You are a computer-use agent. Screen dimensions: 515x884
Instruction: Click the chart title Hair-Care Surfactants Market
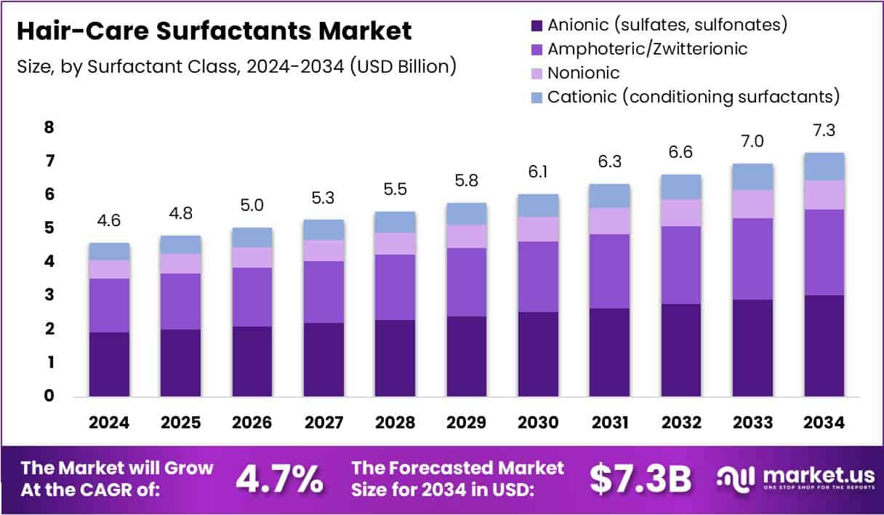(214, 31)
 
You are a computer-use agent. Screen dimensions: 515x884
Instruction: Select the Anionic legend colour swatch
(537, 25)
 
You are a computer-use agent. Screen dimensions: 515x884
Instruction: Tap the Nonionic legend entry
(583, 73)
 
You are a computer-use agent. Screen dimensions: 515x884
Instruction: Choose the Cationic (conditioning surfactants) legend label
(694, 97)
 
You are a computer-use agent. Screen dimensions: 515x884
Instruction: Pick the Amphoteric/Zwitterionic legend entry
(647, 49)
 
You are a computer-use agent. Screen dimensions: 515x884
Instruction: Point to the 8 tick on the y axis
(49, 128)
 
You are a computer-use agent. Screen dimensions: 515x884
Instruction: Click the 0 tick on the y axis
(49, 396)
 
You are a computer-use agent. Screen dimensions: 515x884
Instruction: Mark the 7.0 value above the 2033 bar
(752, 142)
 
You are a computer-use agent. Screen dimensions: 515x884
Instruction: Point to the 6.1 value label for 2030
(538, 175)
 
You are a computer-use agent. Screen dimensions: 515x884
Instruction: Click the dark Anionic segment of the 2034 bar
(824, 346)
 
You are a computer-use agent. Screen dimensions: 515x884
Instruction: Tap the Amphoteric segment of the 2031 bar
(609, 271)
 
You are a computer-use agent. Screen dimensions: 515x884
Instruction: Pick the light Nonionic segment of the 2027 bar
(324, 250)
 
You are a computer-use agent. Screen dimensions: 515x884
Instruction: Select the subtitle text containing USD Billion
(236, 66)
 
